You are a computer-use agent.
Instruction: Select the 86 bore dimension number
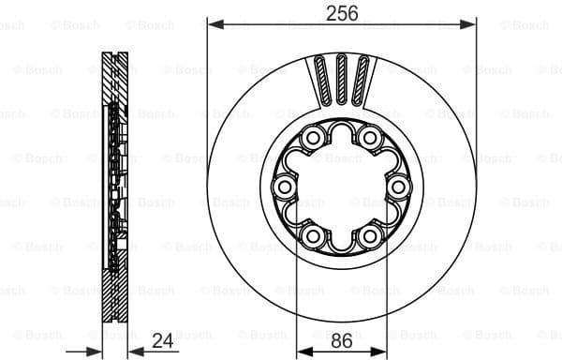[x=342, y=340]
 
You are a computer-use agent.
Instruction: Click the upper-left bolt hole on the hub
[x=310, y=141]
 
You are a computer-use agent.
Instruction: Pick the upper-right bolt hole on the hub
[x=371, y=141]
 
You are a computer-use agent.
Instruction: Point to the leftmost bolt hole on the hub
[x=283, y=187]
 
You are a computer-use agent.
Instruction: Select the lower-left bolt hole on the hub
[x=310, y=234]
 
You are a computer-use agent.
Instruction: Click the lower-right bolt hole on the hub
[x=371, y=234]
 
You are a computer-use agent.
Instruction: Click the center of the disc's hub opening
[x=341, y=187]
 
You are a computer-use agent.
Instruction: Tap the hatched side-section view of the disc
[x=113, y=187]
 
